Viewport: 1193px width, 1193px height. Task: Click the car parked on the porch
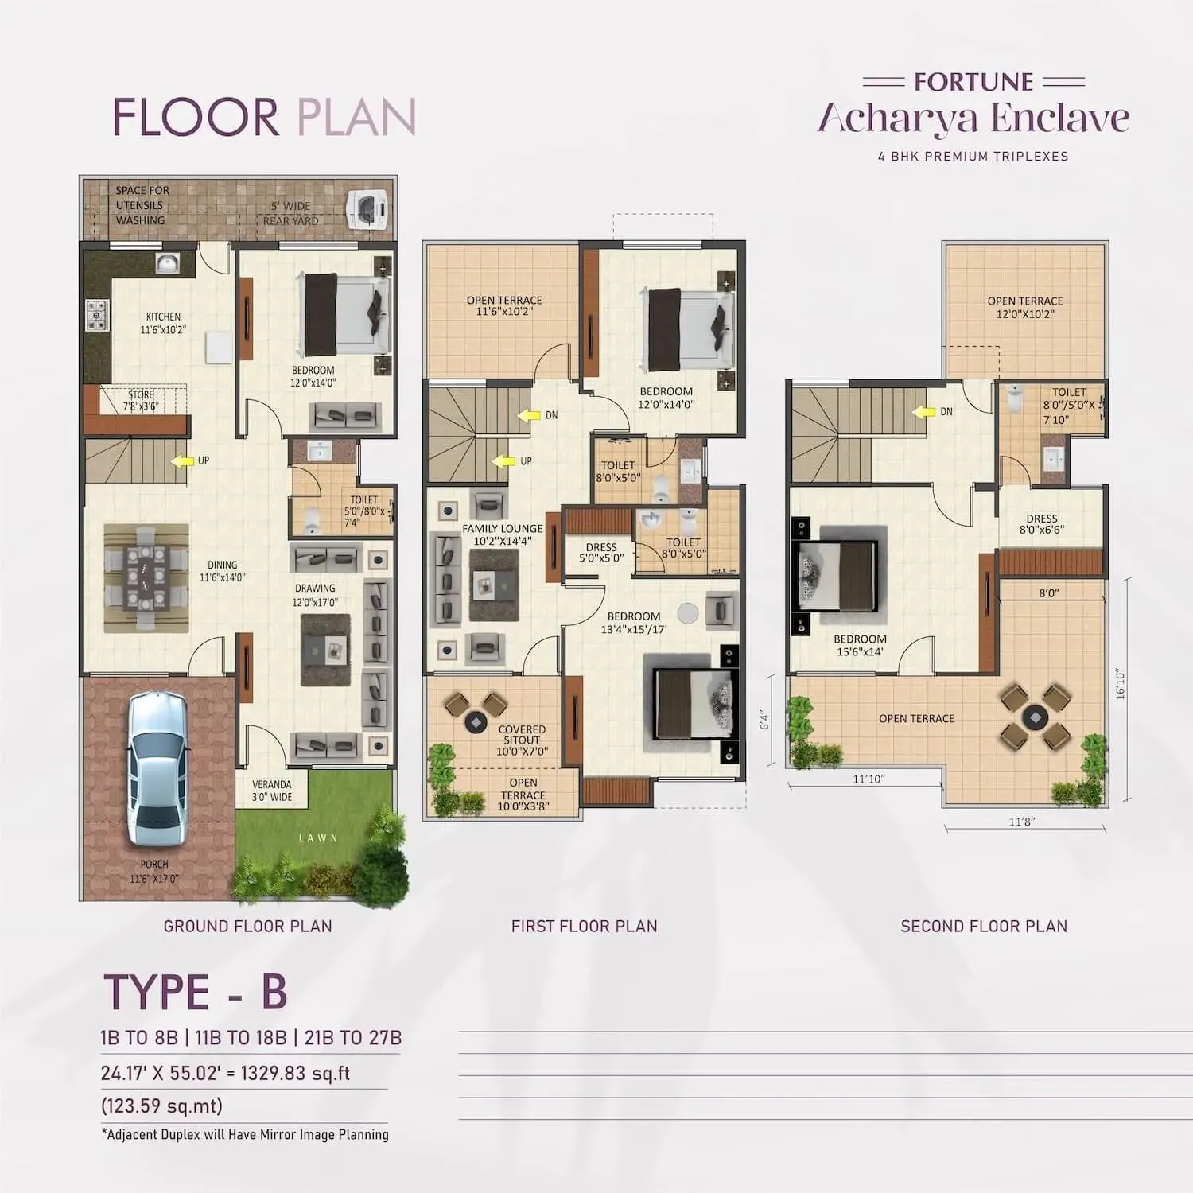[x=158, y=768]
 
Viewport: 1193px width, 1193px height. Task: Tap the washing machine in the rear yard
[x=368, y=208]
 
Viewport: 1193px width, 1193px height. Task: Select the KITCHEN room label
[x=163, y=317]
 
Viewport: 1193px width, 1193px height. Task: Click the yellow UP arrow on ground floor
[x=183, y=460]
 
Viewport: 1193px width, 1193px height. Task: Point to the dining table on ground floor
[x=146, y=577]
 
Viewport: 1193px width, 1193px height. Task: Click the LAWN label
[x=318, y=837]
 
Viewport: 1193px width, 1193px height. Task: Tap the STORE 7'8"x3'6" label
[x=141, y=400]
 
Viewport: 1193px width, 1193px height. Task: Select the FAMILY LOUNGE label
[x=502, y=528]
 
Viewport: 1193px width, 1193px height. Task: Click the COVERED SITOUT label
[x=522, y=735]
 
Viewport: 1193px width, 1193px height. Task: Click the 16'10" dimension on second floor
[x=1121, y=683]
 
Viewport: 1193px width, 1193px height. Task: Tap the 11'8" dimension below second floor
[x=1022, y=822]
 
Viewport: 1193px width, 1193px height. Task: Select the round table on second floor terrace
[x=1035, y=716]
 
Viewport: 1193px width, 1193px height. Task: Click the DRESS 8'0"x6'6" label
[x=1041, y=523]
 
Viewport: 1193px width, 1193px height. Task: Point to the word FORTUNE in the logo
[x=973, y=82]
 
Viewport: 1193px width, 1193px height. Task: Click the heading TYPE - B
[x=196, y=992]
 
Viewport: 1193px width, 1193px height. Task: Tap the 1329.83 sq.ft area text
[x=295, y=1073]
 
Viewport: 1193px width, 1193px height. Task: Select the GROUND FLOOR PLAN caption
[x=247, y=926]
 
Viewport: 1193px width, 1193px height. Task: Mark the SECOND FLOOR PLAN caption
[x=984, y=926]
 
